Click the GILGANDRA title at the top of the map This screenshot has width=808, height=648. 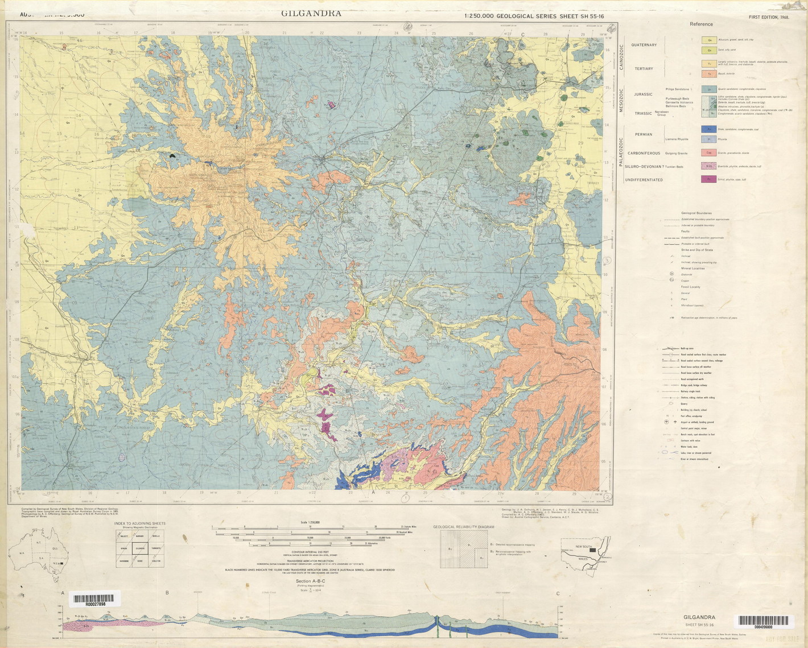(x=311, y=14)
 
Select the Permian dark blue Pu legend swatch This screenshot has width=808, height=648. (x=708, y=129)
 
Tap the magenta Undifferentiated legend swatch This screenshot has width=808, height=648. (x=708, y=179)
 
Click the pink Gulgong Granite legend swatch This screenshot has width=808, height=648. (x=708, y=152)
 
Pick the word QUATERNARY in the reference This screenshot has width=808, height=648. (x=644, y=45)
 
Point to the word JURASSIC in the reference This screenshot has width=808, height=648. (x=643, y=94)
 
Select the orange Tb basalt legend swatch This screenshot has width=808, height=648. (x=708, y=74)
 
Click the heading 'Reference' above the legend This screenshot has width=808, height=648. (x=701, y=24)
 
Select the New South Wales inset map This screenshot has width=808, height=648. (x=586, y=552)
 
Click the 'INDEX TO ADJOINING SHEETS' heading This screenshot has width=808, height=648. (x=140, y=523)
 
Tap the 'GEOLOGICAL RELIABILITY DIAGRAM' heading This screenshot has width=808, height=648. (x=463, y=527)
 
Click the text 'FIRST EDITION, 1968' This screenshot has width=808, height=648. (x=769, y=18)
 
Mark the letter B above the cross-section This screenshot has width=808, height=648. (x=167, y=593)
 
